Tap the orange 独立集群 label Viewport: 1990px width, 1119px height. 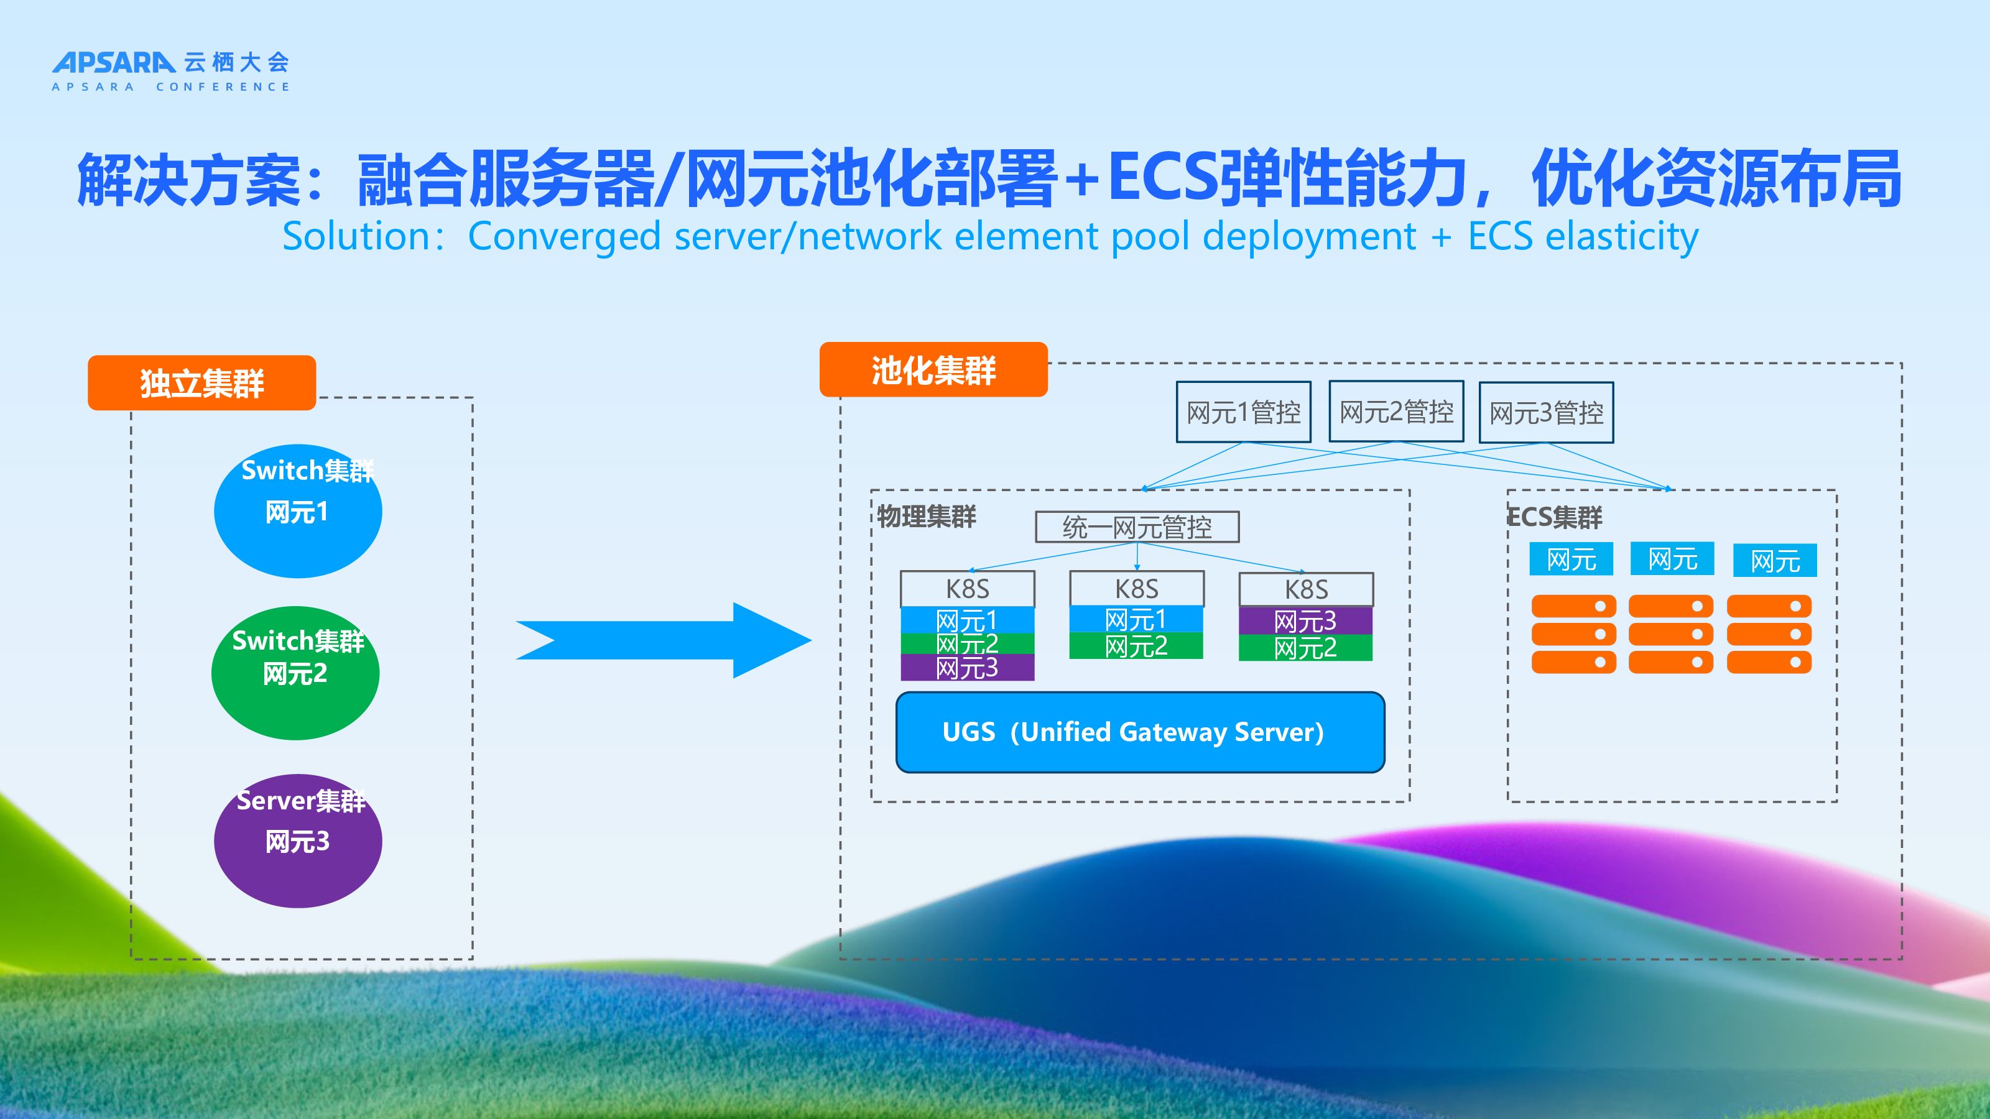(201, 383)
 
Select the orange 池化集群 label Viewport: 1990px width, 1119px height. (933, 370)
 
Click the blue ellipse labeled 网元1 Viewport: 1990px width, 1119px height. (297, 511)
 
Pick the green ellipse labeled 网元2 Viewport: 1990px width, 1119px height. (295, 673)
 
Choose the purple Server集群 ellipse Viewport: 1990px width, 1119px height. (297, 841)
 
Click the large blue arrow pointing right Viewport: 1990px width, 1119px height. (663, 640)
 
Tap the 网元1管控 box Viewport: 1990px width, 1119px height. (1243, 412)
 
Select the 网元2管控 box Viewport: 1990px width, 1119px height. (1396, 412)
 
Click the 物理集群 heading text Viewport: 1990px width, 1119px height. (926, 516)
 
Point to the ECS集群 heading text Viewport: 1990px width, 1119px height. (1555, 517)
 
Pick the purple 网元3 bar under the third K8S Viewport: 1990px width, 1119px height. (1305, 621)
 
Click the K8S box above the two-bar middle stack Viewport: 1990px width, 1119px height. (1136, 589)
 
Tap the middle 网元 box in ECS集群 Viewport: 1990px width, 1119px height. (1672, 559)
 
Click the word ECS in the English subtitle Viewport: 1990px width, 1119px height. (1499, 236)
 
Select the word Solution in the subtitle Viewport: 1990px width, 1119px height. (357, 236)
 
